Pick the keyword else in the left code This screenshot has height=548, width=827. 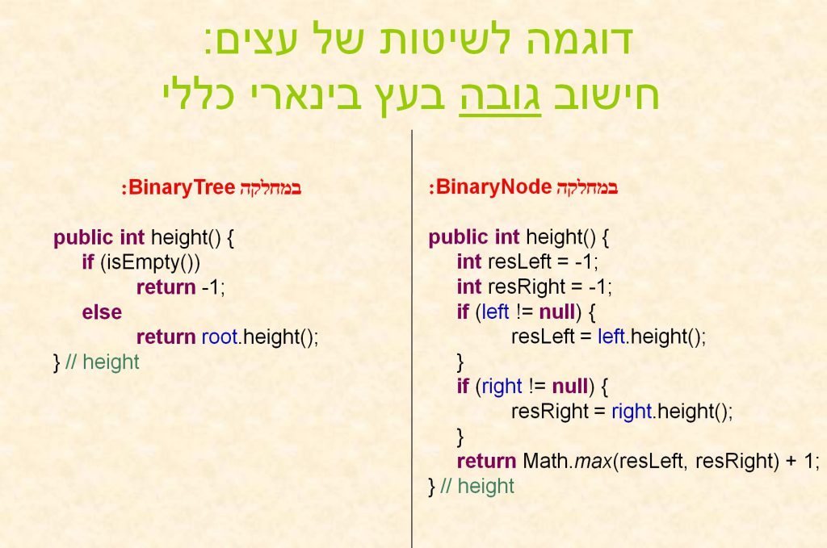coord(102,312)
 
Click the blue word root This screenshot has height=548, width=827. coord(220,337)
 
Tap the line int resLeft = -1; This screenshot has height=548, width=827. coord(527,262)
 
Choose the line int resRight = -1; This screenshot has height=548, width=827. coord(534,287)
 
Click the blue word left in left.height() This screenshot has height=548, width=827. coord(611,337)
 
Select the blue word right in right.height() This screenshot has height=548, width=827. coord(632,412)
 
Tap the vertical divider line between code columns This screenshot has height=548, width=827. coord(412,339)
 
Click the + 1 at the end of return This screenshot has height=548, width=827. coord(803,461)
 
